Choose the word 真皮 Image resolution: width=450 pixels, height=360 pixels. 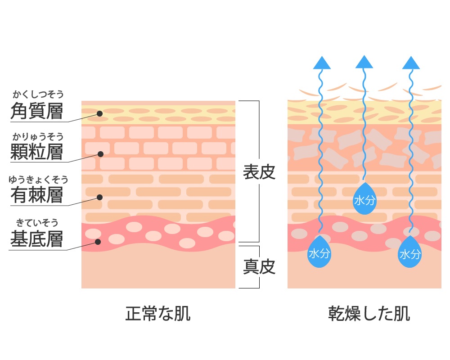[259, 267]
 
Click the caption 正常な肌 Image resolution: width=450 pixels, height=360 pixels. [158, 314]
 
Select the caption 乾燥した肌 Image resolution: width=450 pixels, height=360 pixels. [369, 314]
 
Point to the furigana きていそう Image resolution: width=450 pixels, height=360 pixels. [37, 222]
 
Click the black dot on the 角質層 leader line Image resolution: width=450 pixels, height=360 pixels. [100, 113]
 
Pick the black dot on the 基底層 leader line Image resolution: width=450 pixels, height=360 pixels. [97, 242]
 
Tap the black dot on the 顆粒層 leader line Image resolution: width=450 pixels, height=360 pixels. [100, 154]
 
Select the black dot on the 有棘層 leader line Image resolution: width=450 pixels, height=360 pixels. [100, 197]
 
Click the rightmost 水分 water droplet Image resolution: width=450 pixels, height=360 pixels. [410, 253]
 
